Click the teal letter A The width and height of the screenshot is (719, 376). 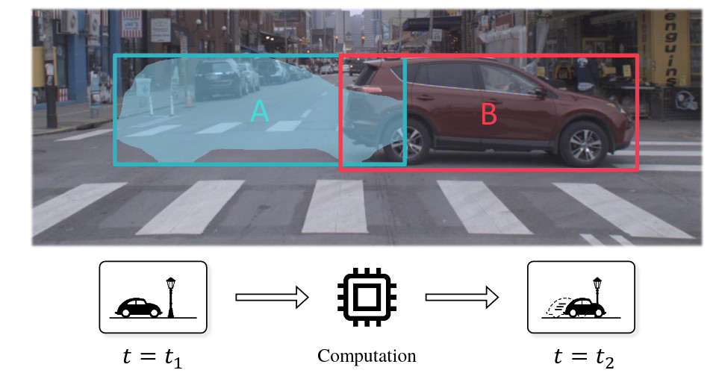pyautogui.click(x=259, y=111)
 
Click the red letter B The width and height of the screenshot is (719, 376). pyautogui.click(x=488, y=115)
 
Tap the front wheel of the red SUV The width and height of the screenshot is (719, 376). pyautogui.click(x=583, y=144)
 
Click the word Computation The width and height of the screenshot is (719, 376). pyautogui.click(x=367, y=355)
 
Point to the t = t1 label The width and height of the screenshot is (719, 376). pyautogui.click(x=152, y=357)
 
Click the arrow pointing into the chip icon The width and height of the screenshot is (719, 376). pyautogui.click(x=272, y=298)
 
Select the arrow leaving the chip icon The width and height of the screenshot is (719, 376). pyautogui.click(x=461, y=298)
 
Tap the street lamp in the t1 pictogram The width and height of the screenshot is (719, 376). pyautogui.click(x=171, y=296)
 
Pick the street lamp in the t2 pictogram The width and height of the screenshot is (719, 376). pyautogui.click(x=597, y=296)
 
